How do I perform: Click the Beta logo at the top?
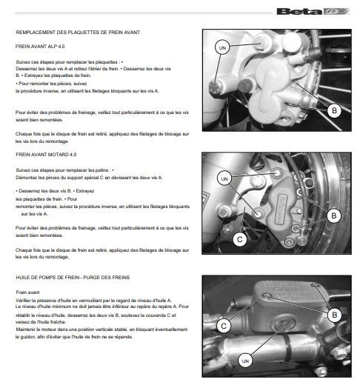pyautogui.click(x=313, y=11)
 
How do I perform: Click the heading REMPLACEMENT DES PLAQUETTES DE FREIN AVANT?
pyautogui.click(x=78, y=33)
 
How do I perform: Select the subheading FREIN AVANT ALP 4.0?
pyautogui.click(x=40, y=47)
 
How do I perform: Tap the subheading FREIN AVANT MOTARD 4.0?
pyautogui.click(x=46, y=155)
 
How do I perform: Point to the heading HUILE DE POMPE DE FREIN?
pyautogui.click(x=73, y=278)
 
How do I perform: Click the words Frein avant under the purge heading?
pyautogui.click(x=27, y=293)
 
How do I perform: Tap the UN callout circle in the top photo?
pyautogui.click(x=222, y=47)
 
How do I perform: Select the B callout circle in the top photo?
pyautogui.click(x=334, y=110)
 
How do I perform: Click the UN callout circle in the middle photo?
pyautogui.click(x=224, y=178)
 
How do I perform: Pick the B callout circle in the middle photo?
pyautogui.click(x=334, y=215)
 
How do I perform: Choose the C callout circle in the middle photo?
pyautogui.click(x=240, y=239)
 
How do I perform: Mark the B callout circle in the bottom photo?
pyautogui.click(x=334, y=315)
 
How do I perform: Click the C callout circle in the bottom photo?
pyautogui.click(x=224, y=326)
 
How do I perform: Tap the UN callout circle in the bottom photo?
pyautogui.click(x=245, y=361)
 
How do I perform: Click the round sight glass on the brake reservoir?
pyautogui.click(x=284, y=324)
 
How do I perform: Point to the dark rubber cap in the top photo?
pyautogui.click(x=245, y=86)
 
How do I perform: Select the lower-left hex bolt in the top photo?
pyautogui.click(x=216, y=87)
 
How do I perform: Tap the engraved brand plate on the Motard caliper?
pyautogui.click(x=281, y=209)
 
